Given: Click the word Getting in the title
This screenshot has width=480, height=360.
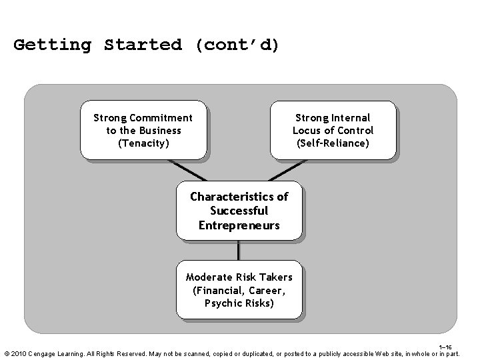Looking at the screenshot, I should [52, 45].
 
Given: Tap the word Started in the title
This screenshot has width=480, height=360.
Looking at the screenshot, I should [143, 45].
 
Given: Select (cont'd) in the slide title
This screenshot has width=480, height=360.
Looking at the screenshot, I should [237, 45].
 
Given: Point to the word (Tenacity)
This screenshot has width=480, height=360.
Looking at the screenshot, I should [143, 143].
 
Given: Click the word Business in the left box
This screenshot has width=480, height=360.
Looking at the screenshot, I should [160, 130].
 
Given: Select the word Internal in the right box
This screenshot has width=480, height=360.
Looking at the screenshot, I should [351, 118].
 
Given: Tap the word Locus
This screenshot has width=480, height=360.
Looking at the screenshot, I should [309, 130].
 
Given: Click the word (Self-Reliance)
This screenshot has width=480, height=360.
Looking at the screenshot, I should [333, 143].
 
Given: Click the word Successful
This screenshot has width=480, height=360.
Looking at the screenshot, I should [239, 211].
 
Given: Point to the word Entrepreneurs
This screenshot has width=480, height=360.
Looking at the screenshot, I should [239, 225].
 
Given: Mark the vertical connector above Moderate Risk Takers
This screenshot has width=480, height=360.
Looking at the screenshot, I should [239, 249].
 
